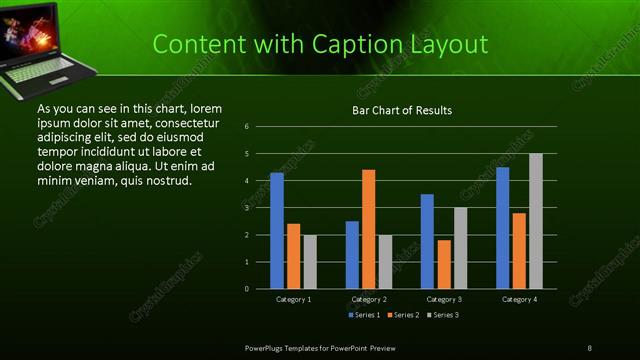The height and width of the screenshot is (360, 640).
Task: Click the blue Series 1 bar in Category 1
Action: coord(277,231)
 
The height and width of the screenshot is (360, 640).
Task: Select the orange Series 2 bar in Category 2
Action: coord(369,229)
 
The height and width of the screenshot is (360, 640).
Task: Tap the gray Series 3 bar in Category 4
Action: coord(536,221)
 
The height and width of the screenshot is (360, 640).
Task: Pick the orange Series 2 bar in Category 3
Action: coord(444,264)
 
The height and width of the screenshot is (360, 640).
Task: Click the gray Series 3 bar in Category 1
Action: coord(310,262)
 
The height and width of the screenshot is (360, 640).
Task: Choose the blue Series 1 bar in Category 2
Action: coord(352,255)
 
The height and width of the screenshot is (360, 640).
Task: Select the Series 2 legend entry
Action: coord(402,315)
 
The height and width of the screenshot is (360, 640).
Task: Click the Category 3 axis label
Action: coord(444,299)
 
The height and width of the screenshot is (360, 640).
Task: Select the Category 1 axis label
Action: coord(293,299)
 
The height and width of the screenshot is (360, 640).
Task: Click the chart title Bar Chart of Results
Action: coord(401,110)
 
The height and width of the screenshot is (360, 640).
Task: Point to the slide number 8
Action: coord(589,346)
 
